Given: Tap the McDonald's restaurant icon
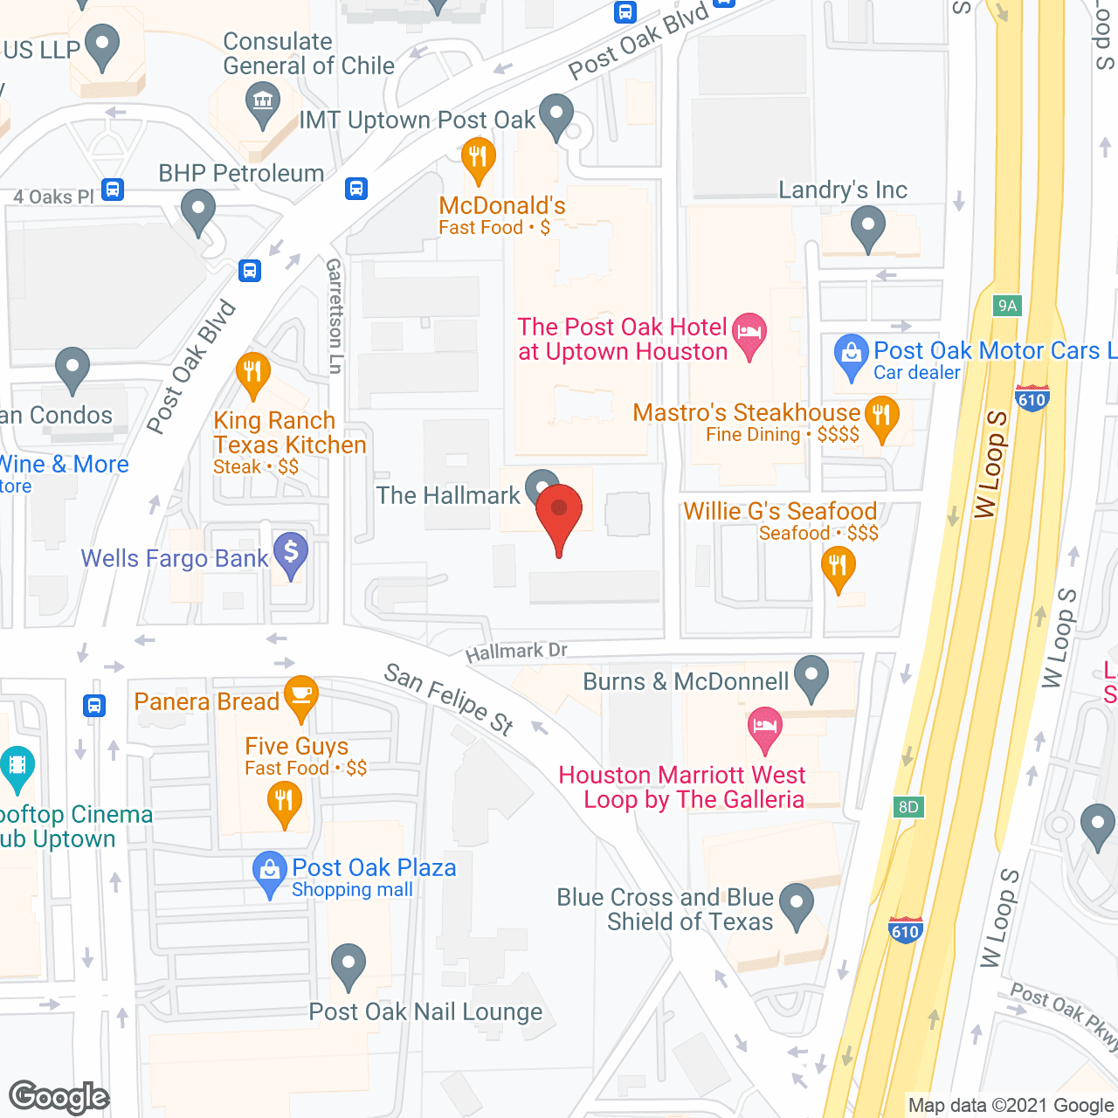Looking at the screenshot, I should click(x=478, y=157).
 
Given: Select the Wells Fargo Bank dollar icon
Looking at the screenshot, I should click(x=291, y=553).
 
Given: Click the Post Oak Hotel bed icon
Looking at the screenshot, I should click(x=749, y=333).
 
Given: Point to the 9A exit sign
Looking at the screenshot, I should click(x=1008, y=306).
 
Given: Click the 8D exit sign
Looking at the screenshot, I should click(x=908, y=806).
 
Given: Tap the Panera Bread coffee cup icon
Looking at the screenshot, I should click(x=301, y=696).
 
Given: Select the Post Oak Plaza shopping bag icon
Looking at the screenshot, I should click(x=270, y=871).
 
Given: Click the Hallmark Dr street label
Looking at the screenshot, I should click(x=516, y=652).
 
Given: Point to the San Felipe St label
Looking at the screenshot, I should click(x=449, y=699).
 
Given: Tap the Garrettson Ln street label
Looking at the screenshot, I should click(x=334, y=315).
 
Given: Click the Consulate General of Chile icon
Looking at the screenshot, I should click(x=262, y=101).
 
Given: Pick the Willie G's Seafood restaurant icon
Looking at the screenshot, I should click(x=838, y=568).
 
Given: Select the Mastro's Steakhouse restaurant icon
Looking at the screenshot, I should click(x=882, y=416).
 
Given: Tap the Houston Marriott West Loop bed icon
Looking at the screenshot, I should click(x=765, y=728).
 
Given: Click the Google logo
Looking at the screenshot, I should click(x=59, y=1097).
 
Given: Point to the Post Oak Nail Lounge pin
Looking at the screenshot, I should click(x=349, y=964).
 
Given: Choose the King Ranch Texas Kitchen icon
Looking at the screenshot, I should click(x=252, y=374).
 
